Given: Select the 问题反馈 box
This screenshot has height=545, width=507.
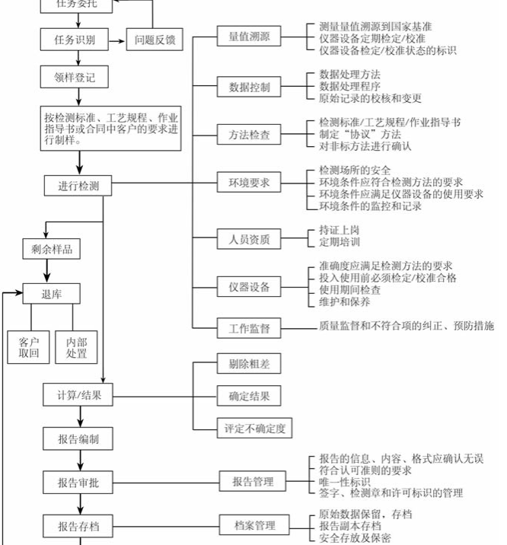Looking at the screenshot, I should (x=155, y=40).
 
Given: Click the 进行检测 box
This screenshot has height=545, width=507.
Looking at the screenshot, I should (x=78, y=185).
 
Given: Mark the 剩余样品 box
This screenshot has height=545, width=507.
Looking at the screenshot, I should (x=52, y=250).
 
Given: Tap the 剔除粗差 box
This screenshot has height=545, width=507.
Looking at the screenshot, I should (x=244, y=364).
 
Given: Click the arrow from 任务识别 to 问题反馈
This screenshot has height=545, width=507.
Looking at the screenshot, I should (x=117, y=40).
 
